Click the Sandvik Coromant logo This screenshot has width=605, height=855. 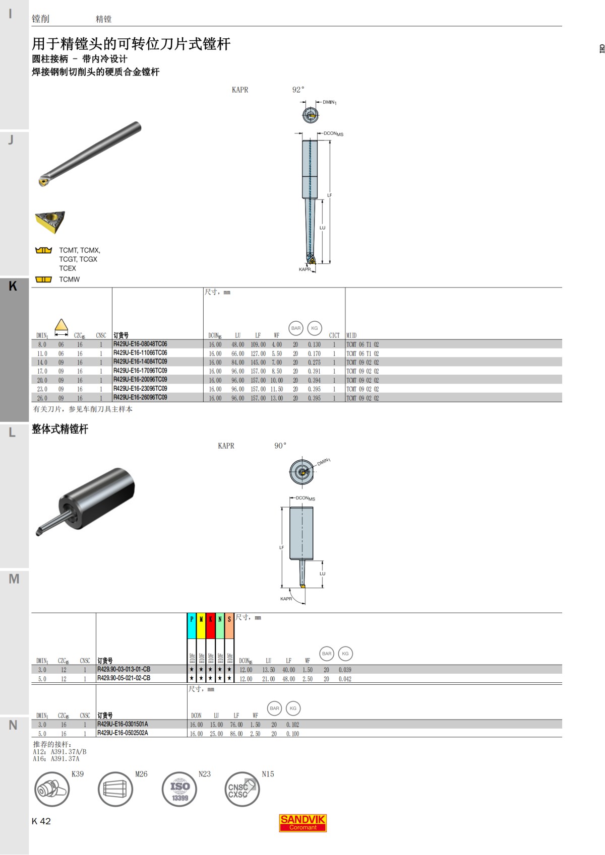tap(302, 822)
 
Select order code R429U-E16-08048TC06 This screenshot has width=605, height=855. tap(140, 344)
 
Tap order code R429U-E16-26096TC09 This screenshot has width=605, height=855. tap(140, 398)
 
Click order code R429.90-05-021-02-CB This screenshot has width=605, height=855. tap(124, 678)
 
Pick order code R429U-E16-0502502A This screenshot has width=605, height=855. tap(123, 733)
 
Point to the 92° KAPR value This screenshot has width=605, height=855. tap(298, 90)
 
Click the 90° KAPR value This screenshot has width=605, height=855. tap(280, 446)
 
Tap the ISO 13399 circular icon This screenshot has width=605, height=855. tap(179, 789)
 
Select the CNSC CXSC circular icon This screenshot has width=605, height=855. tap(242, 789)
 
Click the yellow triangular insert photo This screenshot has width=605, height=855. tap(50, 222)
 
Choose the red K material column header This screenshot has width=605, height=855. tap(210, 619)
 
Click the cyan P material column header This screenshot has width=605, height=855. tap(192, 619)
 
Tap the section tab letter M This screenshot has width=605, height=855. tap(14, 579)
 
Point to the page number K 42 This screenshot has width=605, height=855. tap(41, 821)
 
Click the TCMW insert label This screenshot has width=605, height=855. tap(69, 279)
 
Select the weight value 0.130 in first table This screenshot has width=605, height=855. tap(314, 345)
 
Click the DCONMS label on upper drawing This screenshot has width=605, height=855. tap(333, 134)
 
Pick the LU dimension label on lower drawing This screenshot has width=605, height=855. tap(322, 574)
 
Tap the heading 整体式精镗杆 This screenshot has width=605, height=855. tap(60, 429)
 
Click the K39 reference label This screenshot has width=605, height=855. tap(78, 774)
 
